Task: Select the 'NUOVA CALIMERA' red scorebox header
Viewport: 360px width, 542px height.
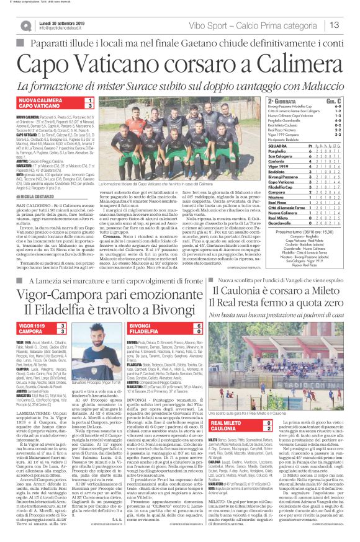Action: tap(40, 100)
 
